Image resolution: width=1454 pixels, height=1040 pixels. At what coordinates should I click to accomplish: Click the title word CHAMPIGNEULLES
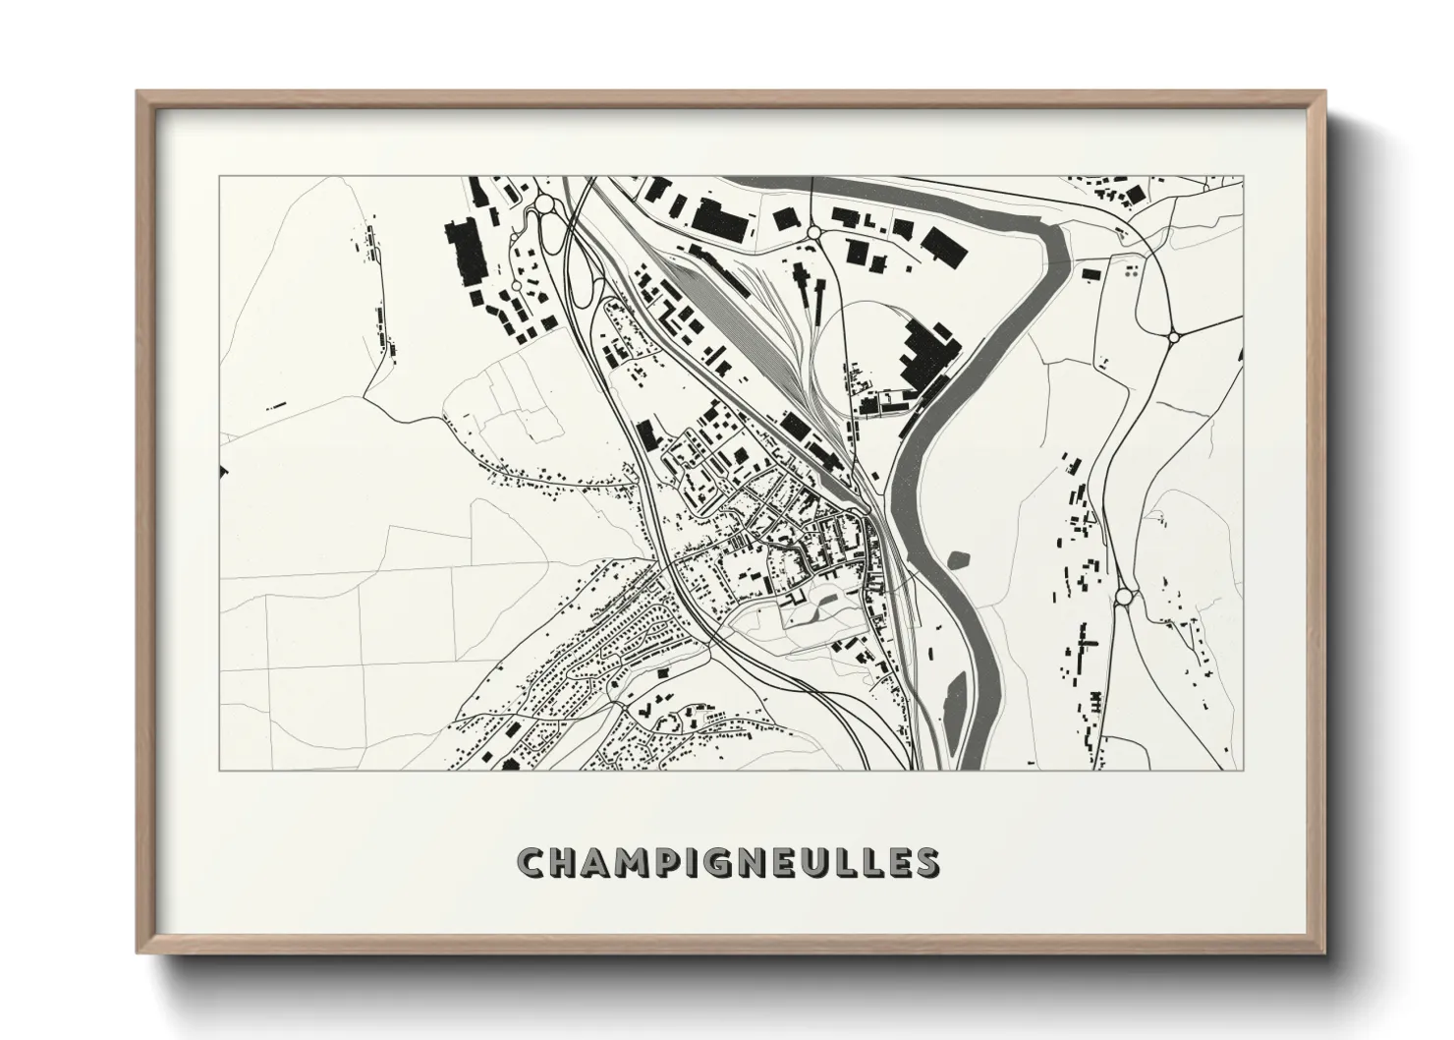727,862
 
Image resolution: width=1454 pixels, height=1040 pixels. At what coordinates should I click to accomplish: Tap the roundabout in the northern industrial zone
813,232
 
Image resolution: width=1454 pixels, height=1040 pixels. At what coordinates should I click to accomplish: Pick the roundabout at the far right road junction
1174,336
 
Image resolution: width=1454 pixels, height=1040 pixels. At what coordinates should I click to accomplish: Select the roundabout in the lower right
1124,597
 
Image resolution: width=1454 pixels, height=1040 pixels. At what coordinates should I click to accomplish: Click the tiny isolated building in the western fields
276,404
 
